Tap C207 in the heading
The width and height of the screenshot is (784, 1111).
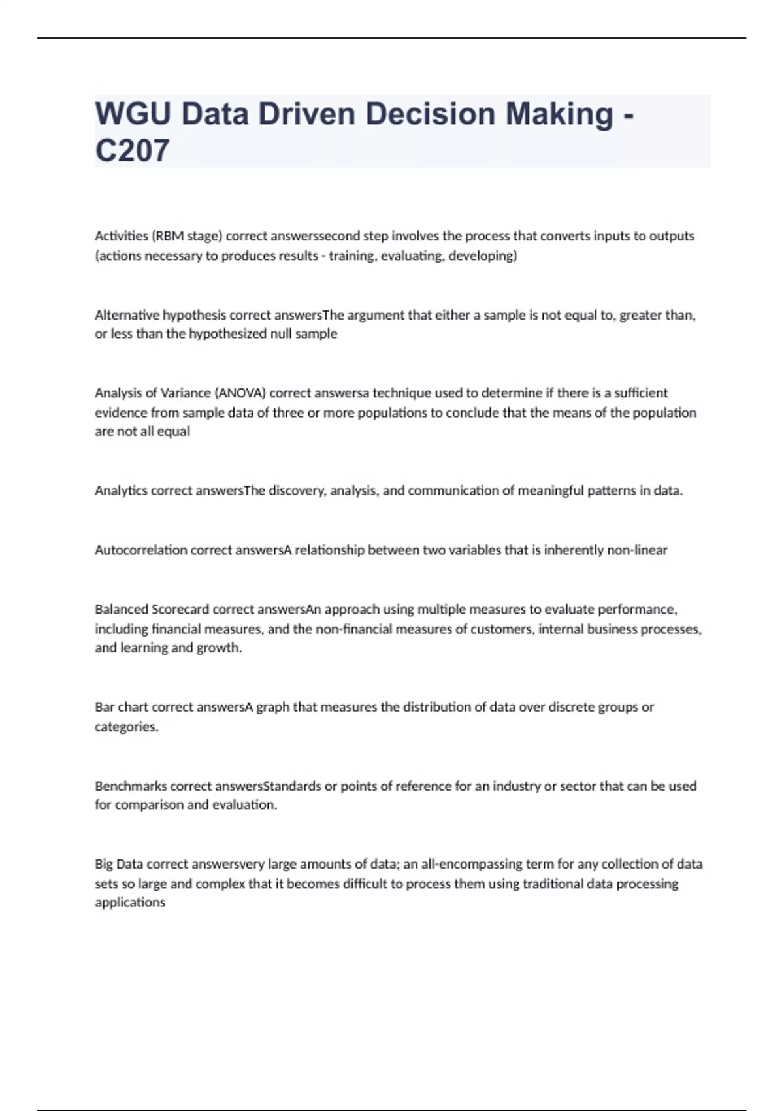(132, 150)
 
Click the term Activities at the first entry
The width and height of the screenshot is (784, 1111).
(122, 236)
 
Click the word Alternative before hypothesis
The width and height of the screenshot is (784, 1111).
(127, 315)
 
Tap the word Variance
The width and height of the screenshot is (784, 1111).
(186, 393)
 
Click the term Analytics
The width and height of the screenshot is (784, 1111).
(121, 491)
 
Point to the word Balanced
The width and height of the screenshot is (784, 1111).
(122, 610)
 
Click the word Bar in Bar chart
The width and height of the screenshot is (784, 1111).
(105, 707)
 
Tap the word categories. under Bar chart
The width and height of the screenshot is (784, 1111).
(127, 727)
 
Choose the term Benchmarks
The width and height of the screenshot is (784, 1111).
(131, 786)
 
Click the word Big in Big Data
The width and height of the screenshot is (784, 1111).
(104, 864)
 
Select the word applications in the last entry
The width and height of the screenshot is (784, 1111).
(130, 903)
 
